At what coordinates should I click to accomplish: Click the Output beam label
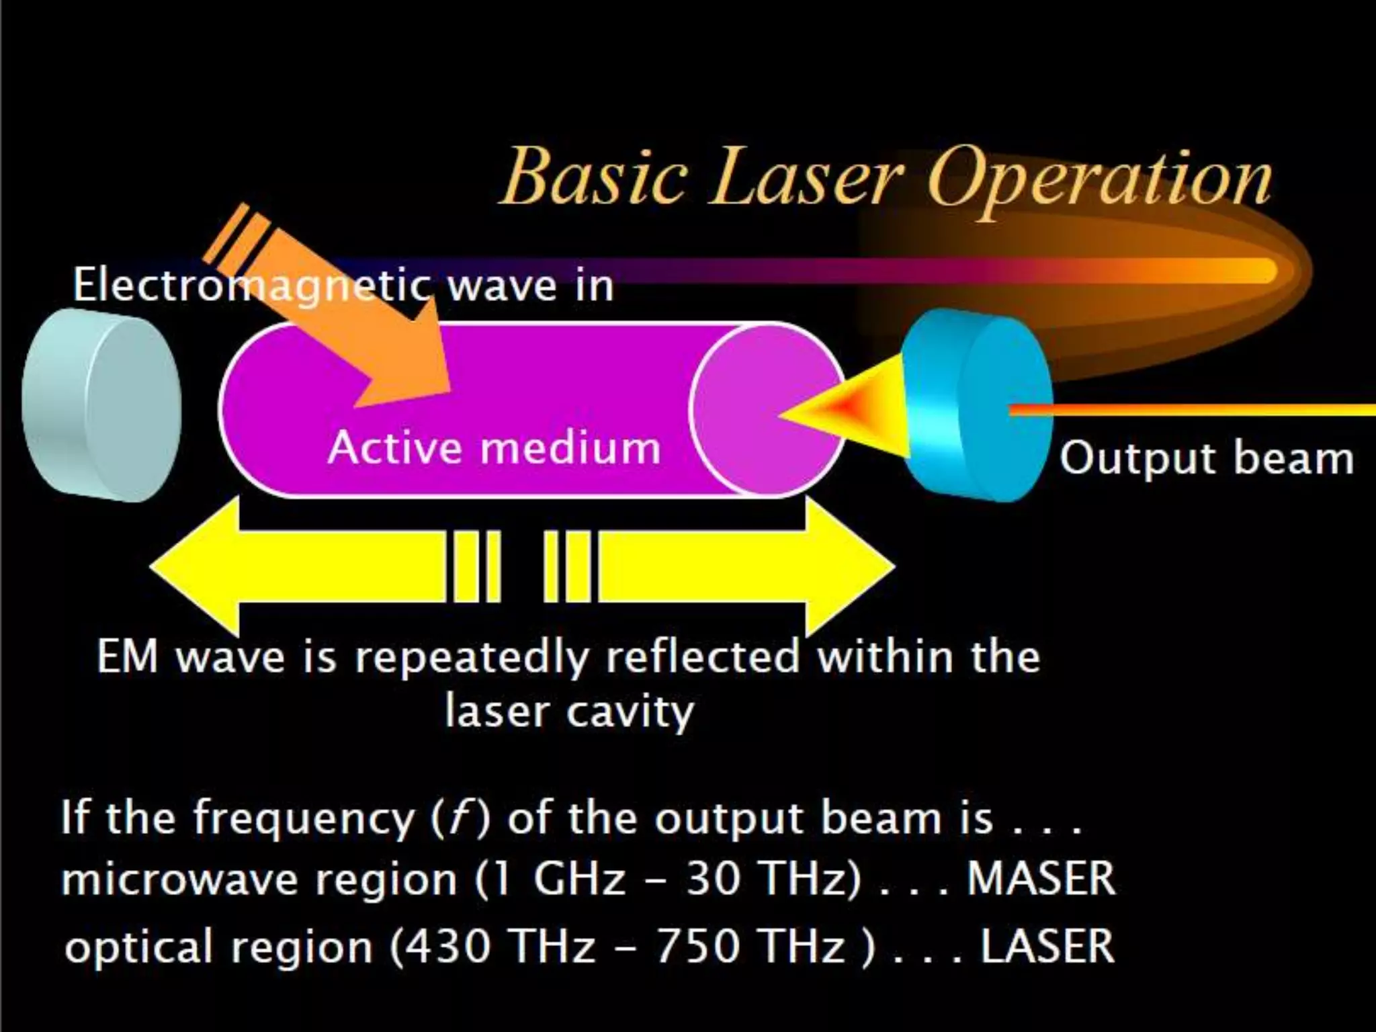point(1206,459)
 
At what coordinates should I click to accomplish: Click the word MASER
point(1041,879)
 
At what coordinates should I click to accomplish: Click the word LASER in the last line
point(1047,947)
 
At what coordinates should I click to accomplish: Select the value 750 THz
point(749,947)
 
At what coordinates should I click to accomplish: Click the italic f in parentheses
point(460,818)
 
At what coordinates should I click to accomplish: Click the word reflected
point(702,656)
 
